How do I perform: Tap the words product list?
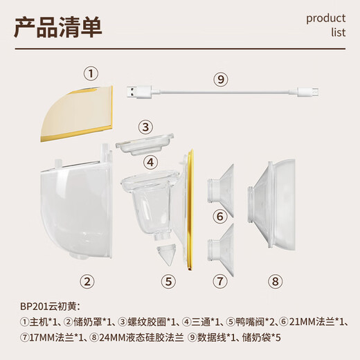pyautogui.click(x=325, y=25)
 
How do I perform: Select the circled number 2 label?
pyautogui.click(x=87, y=280)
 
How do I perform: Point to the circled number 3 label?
pyautogui.click(x=144, y=127)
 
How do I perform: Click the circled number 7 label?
pyautogui.click(x=219, y=280)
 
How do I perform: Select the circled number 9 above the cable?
pyautogui.click(x=221, y=80)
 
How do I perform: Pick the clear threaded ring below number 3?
pyautogui.click(x=145, y=143)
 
